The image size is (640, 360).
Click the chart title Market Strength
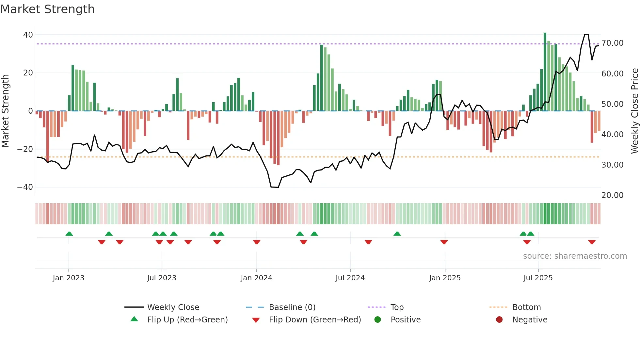(47, 9)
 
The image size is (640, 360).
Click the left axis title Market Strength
(6, 111)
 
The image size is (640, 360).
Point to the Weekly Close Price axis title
(634, 111)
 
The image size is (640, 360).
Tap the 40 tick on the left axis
(28, 35)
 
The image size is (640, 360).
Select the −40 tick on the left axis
(25, 187)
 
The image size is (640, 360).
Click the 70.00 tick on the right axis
(612, 43)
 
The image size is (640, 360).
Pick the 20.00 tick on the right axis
(612, 195)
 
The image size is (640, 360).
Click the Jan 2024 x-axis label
(256, 278)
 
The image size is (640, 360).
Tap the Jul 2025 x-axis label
(538, 278)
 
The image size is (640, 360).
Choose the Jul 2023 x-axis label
(162, 278)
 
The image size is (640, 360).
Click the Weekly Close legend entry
(173, 307)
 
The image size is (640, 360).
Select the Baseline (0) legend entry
(292, 307)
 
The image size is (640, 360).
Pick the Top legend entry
(397, 307)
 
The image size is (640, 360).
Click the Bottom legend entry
(526, 307)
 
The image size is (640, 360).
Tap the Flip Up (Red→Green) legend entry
(187, 320)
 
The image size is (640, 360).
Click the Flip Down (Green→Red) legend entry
(315, 320)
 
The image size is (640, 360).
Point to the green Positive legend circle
(378, 320)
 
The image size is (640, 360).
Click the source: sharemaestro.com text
(575, 256)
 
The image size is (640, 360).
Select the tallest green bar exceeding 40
(545, 72)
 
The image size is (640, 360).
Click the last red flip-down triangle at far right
(592, 242)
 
